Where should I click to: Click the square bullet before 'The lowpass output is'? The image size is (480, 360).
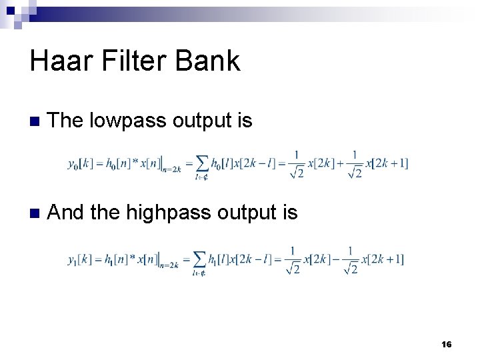pyautogui.click(x=34, y=121)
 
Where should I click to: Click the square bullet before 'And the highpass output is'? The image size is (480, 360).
pyautogui.click(x=34, y=213)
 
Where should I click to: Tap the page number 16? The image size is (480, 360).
pyautogui.click(x=447, y=344)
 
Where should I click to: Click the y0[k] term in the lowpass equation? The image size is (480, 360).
pyautogui.click(x=81, y=163)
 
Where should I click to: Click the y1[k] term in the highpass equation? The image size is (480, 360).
pyautogui.click(x=81, y=259)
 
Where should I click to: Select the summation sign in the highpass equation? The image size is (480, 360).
pyautogui.click(x=199, y=260)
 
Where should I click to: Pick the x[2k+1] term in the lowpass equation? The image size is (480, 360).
pyautogui.click(x=389, y=163)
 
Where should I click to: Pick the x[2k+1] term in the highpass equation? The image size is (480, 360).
pyautogui.click(x=385, y=259)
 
